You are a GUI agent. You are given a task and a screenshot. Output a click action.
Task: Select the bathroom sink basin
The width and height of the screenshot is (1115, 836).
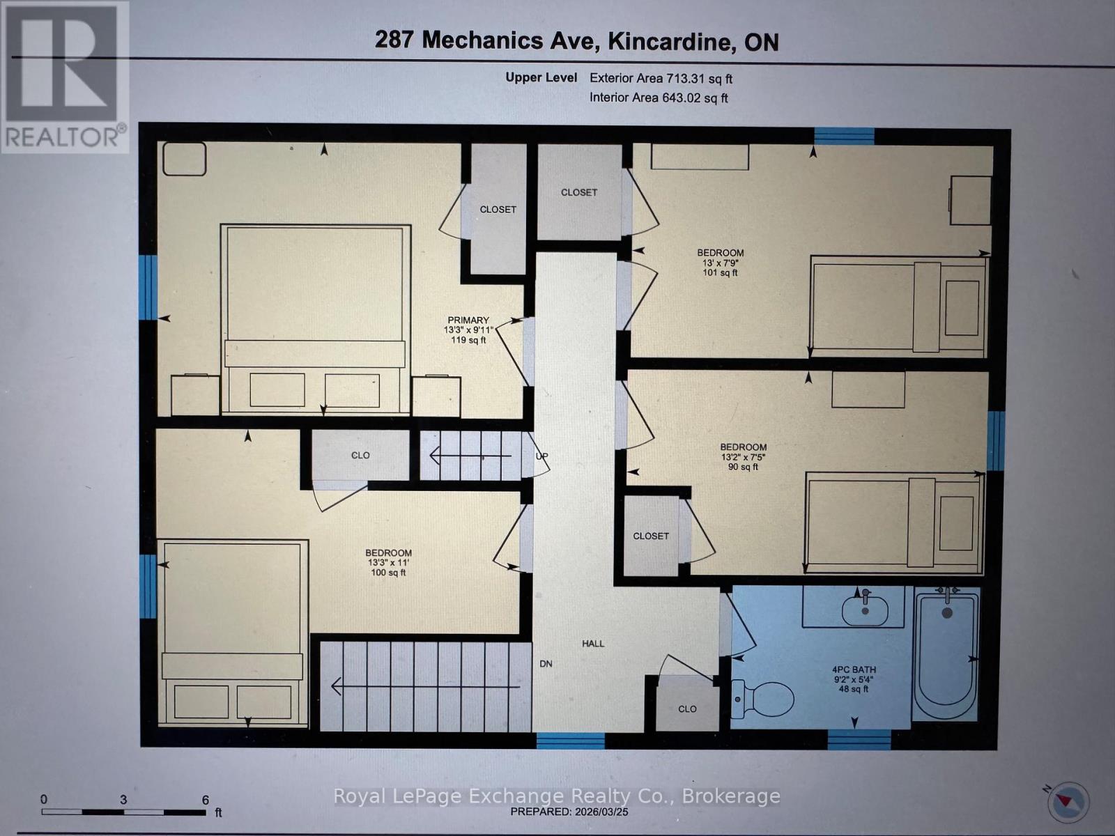pyautogui.click(x=865, y=611)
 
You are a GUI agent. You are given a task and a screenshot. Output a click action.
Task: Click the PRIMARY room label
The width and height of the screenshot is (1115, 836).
pyautogui.click(x=468, y=320)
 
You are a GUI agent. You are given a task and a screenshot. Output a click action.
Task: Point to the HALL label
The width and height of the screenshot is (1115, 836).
pyautogui.click(x=593, y=644)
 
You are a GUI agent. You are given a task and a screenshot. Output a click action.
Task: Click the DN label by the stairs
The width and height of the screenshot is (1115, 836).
pyautogui.click(x=546, y=664)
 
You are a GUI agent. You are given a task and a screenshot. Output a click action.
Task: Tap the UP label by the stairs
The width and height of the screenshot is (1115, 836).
pyautogui.click(x=541, y=456)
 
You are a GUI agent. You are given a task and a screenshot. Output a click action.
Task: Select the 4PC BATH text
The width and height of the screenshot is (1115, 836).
pyautogui.click(x=854, y=669)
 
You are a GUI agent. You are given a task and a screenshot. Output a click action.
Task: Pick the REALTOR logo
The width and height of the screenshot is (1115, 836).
pyautogui.click(x=64, y=77)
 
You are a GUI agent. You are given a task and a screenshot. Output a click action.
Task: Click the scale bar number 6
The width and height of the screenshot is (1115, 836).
pyautogui.click(x=206, y=800)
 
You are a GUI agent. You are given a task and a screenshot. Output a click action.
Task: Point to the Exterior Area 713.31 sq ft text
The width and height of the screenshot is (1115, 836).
pyautogui.click(x=661, y=79)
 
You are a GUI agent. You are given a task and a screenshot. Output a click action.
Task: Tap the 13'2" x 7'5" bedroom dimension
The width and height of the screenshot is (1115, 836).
pyautogui.click(x=744, y=457)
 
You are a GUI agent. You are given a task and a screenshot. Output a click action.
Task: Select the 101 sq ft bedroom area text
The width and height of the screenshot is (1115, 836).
pyautogui.click(x=721, y=272)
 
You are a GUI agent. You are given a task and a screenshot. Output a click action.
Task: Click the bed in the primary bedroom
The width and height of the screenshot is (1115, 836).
pyautogui.click(x=315, y=317)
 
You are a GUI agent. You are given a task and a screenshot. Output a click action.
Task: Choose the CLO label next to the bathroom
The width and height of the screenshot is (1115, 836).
pyautogui.click(x=687, y=709)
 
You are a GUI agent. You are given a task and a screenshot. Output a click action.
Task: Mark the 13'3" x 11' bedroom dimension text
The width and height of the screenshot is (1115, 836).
pyautogui.click(x=389, y=563)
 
